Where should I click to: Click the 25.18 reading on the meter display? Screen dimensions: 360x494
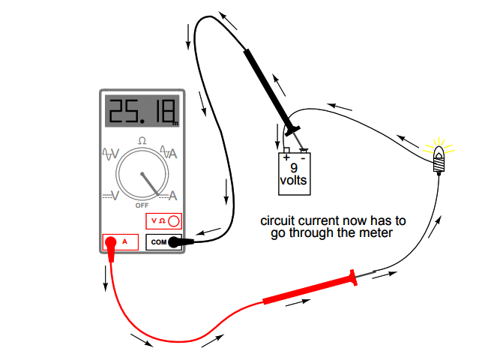(x=139, y=112)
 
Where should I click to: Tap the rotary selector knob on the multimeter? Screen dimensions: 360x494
(x=142, y=174)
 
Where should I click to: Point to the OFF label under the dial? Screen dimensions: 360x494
(x=142, y=205)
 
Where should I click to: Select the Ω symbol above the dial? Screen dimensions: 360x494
(x=142, y=140)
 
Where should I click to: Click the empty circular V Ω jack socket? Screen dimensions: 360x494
(x=174, y=221)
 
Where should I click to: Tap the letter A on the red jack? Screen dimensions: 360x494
(x=124, y=242)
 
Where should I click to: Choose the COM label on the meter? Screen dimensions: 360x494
(x=158, y=242)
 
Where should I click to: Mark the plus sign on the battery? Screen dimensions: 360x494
(x=286, y=158)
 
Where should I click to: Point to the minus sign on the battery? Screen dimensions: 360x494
(x=303, y=158)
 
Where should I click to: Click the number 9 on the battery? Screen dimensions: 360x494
(x=294, y=169)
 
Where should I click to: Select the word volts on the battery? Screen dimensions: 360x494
(x=293, y=181)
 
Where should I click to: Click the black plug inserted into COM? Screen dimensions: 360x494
(x=176, y=242)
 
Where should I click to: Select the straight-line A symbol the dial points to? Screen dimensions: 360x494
(x=172, y=196)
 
